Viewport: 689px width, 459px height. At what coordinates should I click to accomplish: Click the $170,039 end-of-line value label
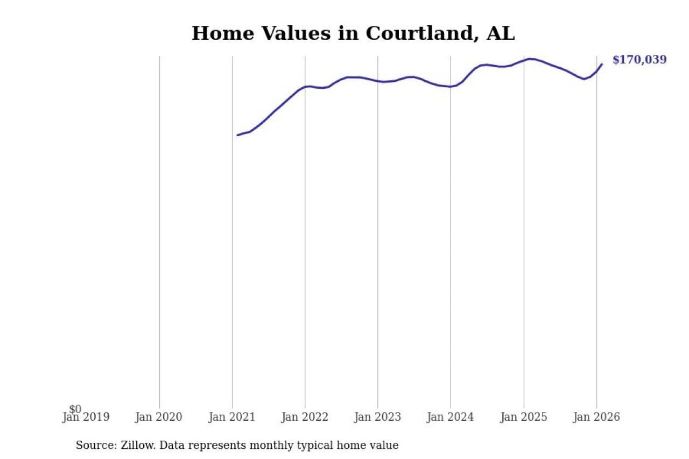[639, 60]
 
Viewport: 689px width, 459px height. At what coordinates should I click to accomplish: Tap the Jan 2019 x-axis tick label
[86, 417]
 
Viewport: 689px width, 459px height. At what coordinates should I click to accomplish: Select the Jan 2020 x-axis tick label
[159, 417]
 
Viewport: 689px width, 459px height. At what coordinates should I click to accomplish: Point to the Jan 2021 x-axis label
[231, 417]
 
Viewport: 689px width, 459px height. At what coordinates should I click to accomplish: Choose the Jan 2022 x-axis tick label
[305, 417]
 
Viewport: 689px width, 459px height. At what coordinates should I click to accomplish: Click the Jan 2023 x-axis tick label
[377, 417]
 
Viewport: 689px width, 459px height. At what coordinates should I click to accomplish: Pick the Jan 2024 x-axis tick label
[450, 417]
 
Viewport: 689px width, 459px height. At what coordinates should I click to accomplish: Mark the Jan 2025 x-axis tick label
[523, 417]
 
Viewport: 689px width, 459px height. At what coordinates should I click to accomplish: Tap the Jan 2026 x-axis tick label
[596, 417]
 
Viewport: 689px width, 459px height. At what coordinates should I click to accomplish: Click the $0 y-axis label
[75, 409]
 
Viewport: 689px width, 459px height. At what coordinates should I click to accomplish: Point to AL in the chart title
[500, 33]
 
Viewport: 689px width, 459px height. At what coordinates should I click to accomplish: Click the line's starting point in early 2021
[237, 135]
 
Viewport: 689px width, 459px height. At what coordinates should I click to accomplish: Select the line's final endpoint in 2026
[602, 64]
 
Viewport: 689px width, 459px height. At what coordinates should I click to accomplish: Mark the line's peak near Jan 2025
[530, 59]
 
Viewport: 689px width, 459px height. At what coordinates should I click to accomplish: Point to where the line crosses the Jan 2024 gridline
[451, 87]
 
